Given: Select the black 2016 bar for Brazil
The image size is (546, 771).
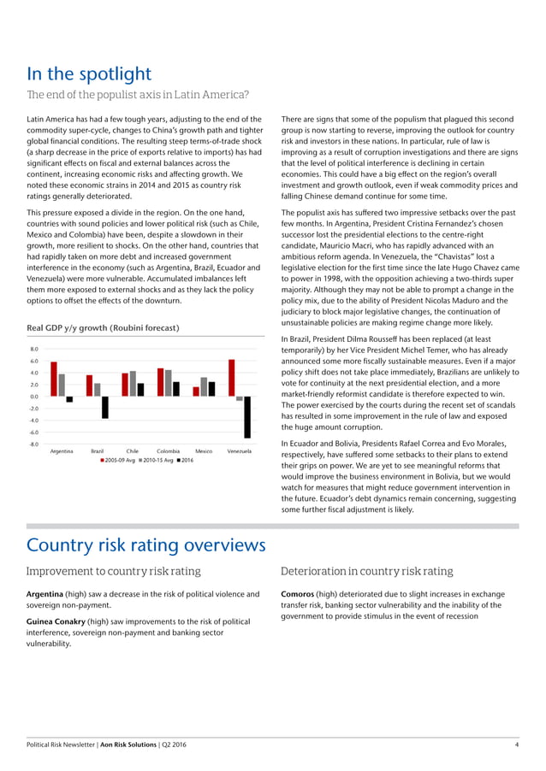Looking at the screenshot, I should click(x=104, y=407).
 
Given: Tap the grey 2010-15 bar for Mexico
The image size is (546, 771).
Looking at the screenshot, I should click(x=203, y=387).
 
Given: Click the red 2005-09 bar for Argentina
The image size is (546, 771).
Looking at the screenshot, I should click(x=54, y=380).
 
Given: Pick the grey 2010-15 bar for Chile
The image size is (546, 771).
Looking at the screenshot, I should click(x=133, y=384).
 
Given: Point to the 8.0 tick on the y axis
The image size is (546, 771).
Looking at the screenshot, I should click(x=33, y=349).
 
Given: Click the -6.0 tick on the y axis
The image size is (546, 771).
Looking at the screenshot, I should click(x=33, y=433).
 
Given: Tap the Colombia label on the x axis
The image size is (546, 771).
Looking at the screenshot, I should click(x=168, y=450).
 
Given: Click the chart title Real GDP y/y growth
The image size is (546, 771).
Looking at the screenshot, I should click(x=104, y=328).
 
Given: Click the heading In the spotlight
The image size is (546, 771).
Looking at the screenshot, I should click(x=89, y=74).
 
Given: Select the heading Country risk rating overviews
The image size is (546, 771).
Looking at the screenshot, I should click(x=146, y=544).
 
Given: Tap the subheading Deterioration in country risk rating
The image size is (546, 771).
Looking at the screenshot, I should click(x=366, y=571).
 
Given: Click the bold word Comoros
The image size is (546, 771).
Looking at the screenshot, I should click(x=300, y=593).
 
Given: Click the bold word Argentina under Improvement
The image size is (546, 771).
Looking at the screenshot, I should click(x=48, y=593).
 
